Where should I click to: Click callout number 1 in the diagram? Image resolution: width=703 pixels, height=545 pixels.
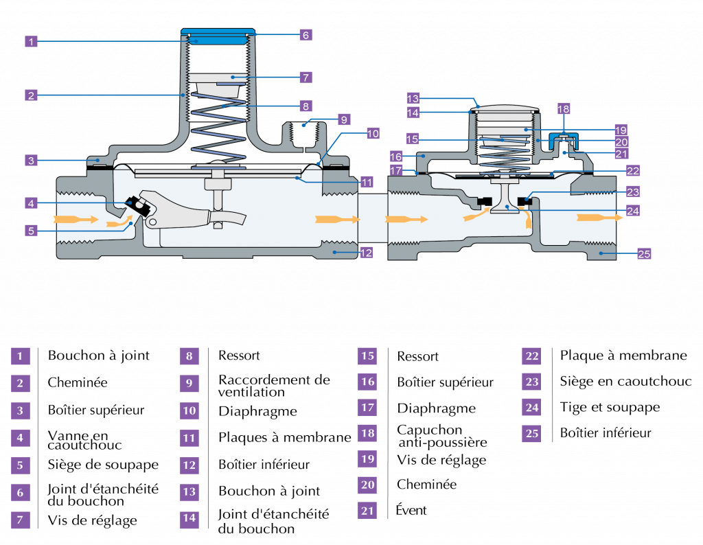pos(31,42)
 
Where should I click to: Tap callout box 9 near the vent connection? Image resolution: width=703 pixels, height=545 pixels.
pos(344,119)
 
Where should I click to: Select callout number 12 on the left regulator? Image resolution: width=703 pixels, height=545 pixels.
pos(367,253)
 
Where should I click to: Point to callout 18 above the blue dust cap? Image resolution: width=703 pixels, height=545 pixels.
pos(564,109)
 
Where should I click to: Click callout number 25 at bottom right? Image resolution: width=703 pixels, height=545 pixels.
pos(644,254)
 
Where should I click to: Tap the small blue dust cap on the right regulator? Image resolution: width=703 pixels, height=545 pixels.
pos(564,139)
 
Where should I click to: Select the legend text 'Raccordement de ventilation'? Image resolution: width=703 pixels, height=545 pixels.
pos(274,386)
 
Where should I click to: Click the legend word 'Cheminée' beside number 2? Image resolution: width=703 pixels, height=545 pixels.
pos(78,383)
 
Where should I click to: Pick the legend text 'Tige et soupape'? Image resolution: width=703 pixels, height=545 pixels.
pos(610,408)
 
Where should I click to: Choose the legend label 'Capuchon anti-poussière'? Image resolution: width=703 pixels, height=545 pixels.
pos(442,436)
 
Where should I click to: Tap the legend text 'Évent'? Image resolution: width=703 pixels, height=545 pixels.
pos(411,510)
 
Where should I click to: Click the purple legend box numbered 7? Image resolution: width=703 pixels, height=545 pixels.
pos(20,520)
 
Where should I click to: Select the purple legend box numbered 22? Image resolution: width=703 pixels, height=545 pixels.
pos(531,356)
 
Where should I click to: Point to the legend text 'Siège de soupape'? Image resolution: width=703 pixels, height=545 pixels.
pos(103,465)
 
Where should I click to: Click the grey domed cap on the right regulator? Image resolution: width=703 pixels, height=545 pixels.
pos(504,108)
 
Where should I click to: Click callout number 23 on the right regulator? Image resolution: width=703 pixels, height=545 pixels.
pos(632,192)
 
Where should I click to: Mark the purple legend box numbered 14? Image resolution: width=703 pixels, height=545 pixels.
pos(189,518)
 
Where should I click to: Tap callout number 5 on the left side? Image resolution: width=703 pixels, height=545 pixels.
pos(31,231)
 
